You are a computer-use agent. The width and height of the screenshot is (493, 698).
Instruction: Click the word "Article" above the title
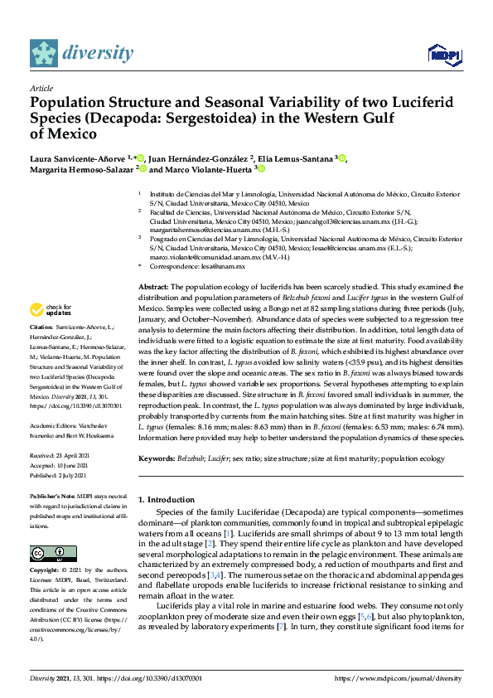41,89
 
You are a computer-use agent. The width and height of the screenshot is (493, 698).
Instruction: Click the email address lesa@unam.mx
227,266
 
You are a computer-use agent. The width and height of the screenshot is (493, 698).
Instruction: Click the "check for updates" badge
49,310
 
